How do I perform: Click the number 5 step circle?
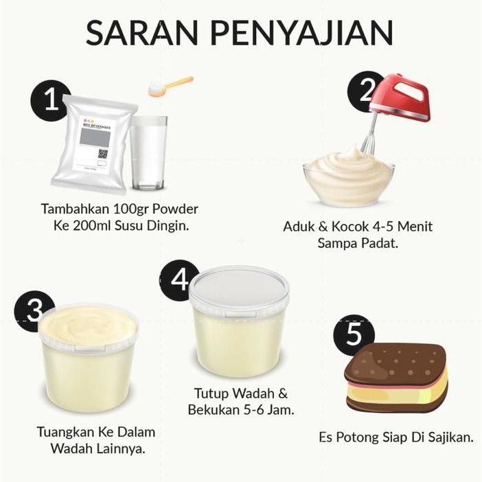click(x=353, y=335)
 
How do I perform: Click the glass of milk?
click(x=148, y=152)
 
